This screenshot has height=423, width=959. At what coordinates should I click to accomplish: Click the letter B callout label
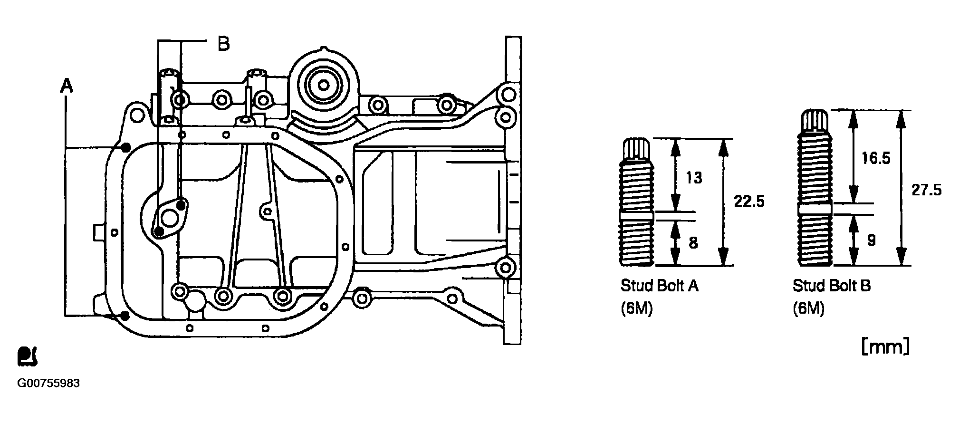coord(223,44)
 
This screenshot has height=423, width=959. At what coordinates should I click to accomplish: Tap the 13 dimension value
coord(694,178)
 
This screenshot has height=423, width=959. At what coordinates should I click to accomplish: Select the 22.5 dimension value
coord(749,202)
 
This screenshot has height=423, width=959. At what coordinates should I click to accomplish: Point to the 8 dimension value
coord(693,243)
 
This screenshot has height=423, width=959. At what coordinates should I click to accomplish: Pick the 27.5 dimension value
coord(926,190)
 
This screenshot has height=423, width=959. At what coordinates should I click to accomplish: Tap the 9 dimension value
coord(871,240)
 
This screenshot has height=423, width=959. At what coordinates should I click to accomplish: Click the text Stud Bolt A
coord(660,286)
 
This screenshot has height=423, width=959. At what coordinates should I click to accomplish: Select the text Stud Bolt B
coord(832,286)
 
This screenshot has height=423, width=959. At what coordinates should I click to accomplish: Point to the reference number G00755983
coord(48,383)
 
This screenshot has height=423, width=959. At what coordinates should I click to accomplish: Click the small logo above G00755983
coord(28,357)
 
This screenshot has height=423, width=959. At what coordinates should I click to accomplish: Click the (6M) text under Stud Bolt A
coord(637,309)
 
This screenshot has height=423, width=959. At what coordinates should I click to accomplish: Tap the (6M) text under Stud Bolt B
coord(809,309)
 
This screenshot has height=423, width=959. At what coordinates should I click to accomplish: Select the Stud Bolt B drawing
coord(815,187)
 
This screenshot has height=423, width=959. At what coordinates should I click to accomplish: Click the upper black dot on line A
coord(126,147)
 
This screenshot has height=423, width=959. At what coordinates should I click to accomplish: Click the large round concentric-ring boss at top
coord(323,86)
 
